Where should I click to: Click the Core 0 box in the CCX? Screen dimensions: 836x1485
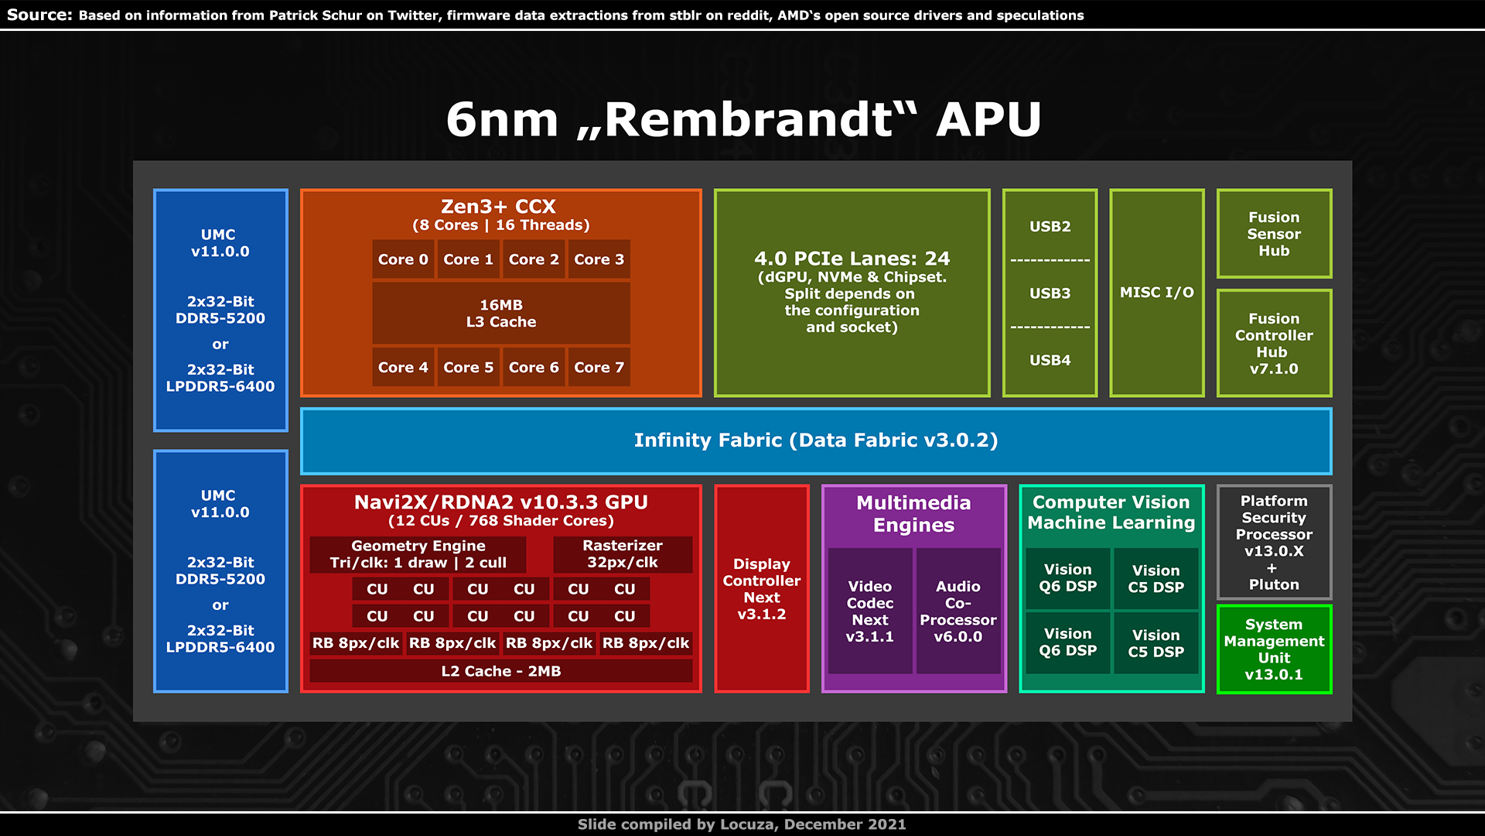[402, 259]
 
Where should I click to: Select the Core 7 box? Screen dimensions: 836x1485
[599, 368]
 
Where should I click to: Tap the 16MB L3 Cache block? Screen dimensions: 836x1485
[500, 313]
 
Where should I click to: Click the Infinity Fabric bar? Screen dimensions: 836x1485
[815, 440]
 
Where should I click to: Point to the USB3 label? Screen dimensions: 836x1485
[1050, 293]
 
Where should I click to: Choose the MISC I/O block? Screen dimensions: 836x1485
[1156, 293]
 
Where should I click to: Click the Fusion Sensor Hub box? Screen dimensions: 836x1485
[1273, 234]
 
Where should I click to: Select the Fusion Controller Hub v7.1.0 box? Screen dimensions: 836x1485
[1273, 344]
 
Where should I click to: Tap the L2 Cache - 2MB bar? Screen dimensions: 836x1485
[500, 671]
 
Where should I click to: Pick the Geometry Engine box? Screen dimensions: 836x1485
[418, 554]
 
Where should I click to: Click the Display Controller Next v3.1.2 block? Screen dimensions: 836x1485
[761, 589]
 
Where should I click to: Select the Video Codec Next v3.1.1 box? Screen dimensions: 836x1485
[869, 612]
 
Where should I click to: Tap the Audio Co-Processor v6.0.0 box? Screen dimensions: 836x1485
[958, 612]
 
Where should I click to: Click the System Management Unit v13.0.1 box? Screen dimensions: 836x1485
[1273, 649]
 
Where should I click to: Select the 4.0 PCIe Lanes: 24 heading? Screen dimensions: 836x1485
[852, 259]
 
